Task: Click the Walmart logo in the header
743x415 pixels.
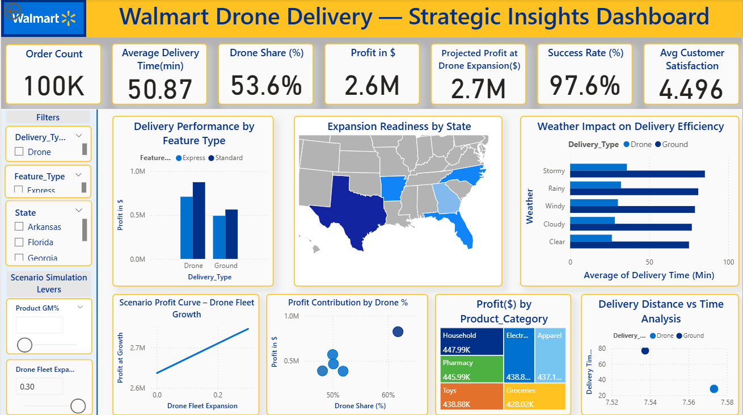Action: [x=44, y=18]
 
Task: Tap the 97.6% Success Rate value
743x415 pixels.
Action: [x=585, y=86]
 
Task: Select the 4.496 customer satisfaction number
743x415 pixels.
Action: [x=691, y=89]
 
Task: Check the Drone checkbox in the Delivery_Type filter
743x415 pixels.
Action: [x=19, y=152]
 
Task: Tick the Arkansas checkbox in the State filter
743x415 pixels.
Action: [x=19, y=227]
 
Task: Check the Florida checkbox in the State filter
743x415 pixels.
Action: [x=19, y=242]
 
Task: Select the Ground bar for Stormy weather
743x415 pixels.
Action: [x=637, y=174]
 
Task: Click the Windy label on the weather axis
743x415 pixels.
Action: [x=555, y=206]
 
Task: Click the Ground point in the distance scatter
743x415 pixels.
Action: [x=645, y=350]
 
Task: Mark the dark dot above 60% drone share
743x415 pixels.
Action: [x=398, y=332]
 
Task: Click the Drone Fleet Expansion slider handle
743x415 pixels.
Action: [x=78, y=406]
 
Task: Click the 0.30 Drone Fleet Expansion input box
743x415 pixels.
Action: [x=39, y=387]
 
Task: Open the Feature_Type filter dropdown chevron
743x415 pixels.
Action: [x=79, y=174]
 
